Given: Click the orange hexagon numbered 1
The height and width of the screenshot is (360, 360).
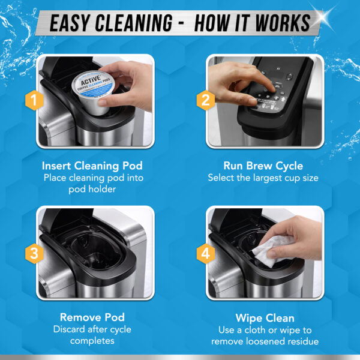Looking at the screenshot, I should coord(35,101).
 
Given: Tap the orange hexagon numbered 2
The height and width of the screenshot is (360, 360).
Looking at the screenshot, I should coord(205,101).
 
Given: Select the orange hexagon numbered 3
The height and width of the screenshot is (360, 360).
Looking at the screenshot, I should coord(35,253).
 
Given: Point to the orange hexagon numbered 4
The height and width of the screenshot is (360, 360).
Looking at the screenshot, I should coord(205,253).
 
